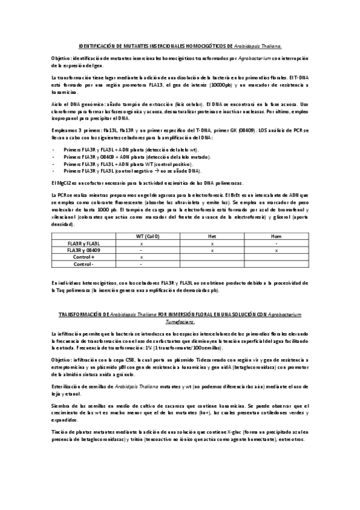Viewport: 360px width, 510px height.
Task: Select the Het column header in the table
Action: (x=212, y=236)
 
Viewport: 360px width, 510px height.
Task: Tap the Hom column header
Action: (x=276, y=236)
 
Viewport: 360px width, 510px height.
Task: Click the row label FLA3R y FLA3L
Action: (x=84, y=243)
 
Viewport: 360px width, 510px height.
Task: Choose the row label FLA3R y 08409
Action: (x=84, y=250)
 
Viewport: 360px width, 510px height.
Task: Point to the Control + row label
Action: (x=84, y=257)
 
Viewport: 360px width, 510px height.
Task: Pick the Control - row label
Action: (x=84, y=263)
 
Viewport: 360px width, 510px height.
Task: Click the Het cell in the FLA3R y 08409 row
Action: (x=212, y=250)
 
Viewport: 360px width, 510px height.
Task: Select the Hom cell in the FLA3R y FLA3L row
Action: (x=276, y=243)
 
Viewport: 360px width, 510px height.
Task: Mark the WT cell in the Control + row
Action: (x=141, y=257)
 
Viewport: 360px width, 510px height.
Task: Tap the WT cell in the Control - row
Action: (x=141, y=263)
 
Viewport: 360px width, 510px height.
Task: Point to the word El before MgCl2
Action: (x=54, y=182)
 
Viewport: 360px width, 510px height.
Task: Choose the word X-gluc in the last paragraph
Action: (x=221, y=431)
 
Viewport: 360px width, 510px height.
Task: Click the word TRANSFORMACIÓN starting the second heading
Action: (x=82, y=315)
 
